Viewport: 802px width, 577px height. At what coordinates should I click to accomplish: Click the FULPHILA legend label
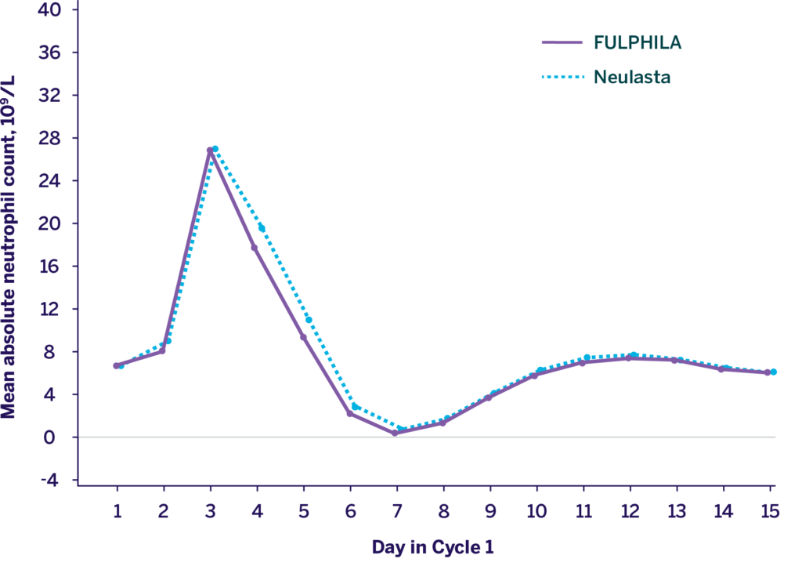[x=638, y=43]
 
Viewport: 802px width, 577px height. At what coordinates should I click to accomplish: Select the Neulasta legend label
[x=631, y=77]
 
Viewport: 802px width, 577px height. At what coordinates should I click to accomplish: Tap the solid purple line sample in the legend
[x=562, y=43]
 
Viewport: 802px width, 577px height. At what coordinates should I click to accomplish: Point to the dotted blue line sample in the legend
[x=562, y=78]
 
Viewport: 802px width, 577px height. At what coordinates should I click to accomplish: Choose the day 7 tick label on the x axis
[x=397, y=511]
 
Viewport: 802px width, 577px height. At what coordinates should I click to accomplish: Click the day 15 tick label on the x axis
[x=770, y=511]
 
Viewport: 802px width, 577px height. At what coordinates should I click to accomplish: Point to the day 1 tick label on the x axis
[x=117, y=511]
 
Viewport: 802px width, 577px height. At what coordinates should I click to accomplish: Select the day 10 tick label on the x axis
[x=536, y=511]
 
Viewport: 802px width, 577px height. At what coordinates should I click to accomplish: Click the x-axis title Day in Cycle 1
[x=432, y=547]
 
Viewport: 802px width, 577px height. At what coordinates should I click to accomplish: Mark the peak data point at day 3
[x=211, y=149]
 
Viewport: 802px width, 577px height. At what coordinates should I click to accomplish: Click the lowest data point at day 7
[x=396, y=432]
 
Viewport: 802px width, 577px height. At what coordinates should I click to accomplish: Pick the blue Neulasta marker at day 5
[x=309, y=320]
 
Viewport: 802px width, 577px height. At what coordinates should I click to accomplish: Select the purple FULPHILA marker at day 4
[x=255, y=248]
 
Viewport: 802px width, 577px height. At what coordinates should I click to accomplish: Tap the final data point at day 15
[x=771, y=372]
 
